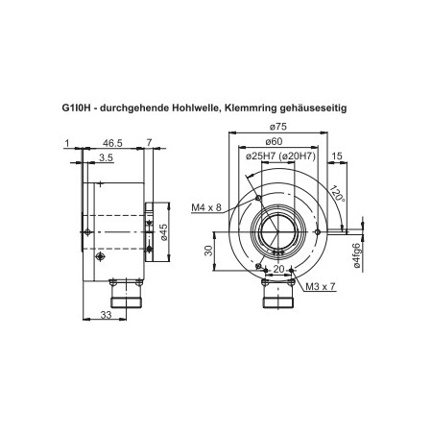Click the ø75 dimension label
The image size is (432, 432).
pos(279,127)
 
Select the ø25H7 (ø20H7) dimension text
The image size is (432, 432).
pos(279,156)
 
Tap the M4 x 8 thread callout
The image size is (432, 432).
pos(205,207)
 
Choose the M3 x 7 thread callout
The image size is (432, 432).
pos(319,287)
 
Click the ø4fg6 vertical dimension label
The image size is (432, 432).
pos(357,257)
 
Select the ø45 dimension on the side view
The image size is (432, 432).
pos(164,232)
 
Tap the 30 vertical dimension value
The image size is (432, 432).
pos(208,251)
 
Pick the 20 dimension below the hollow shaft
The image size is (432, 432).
pos(279,270)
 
